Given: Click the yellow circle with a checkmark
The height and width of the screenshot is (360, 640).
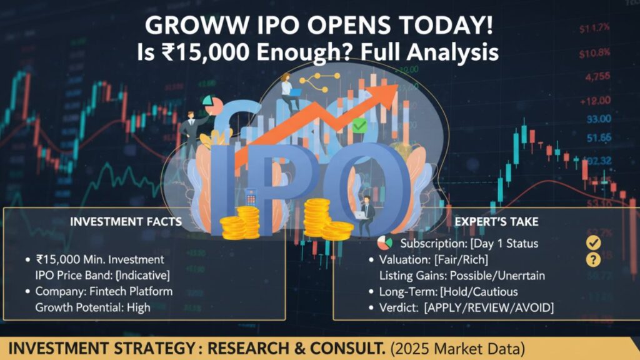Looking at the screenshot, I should (592, 242).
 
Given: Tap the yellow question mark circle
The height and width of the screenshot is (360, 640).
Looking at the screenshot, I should (592, 259).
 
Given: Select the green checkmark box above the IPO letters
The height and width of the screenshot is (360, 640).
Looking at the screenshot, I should (359, 126).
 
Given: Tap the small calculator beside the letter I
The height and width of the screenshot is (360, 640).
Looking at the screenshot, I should (251, 199).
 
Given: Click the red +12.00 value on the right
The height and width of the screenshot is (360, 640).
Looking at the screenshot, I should (595, 101).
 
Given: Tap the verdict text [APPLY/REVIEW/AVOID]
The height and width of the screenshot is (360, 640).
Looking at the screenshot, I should (489, 307).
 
